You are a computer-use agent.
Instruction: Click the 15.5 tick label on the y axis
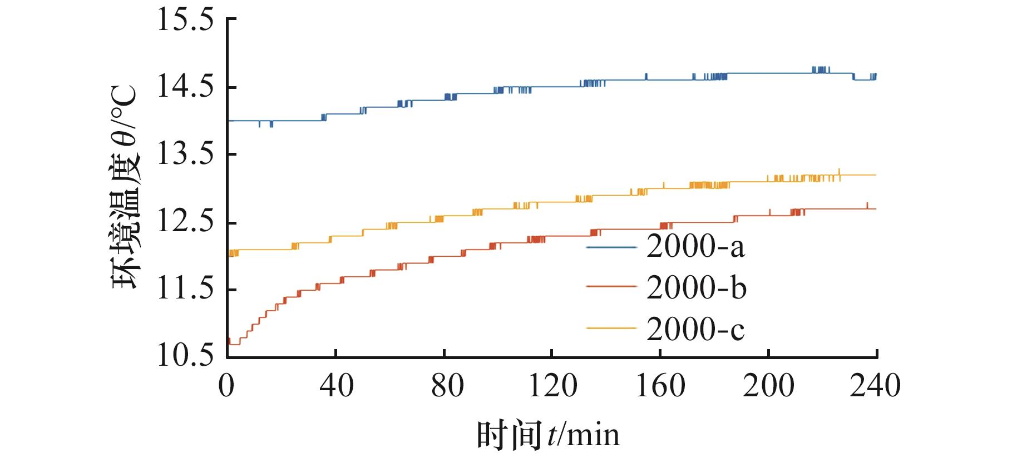(185, 21)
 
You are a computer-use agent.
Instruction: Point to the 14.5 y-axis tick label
(185, 88)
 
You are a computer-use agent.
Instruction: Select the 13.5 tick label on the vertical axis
(185, 155)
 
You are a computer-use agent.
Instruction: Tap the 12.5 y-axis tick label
(185, 222)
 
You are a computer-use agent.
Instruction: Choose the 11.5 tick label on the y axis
(185, 290)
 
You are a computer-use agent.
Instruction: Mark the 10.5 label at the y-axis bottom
(185, 356)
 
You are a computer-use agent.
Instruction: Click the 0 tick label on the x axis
(226, 385)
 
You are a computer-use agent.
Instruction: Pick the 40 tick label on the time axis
(335, 385)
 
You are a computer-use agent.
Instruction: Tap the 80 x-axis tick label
(444, 385)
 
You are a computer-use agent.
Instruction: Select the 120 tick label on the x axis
(551, 385)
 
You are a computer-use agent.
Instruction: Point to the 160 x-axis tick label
(660, 385)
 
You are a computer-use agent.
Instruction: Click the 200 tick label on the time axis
(768, 385)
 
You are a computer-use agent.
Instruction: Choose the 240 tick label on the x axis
(875, 385)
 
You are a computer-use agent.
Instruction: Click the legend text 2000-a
(695, 247)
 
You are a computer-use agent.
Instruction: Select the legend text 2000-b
(696, 288)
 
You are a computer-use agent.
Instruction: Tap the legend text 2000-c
(695, 329)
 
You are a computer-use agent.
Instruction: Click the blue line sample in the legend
(611, 246)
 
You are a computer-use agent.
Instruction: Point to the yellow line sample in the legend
(611, 328)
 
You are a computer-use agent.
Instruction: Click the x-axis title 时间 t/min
(548, 434)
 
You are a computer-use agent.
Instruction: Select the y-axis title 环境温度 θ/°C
(127, 187)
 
